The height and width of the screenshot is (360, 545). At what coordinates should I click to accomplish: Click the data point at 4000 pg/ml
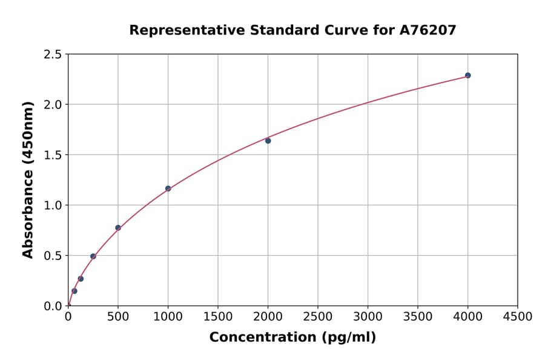point(467,76)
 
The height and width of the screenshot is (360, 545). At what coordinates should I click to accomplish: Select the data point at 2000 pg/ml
point(268,141)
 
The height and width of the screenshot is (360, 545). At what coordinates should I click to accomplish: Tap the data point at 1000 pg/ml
point(168,188)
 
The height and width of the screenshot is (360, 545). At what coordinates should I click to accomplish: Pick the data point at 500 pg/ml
point(118,228)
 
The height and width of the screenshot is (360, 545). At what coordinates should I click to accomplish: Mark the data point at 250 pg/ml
point(93,256)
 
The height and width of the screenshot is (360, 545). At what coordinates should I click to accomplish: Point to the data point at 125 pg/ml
point(81,279)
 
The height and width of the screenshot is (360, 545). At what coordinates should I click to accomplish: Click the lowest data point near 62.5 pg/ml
point(74,291)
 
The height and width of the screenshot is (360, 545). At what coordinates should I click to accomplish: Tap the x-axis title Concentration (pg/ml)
point(292,338)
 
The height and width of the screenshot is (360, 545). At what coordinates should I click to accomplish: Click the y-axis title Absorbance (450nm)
point(28,179)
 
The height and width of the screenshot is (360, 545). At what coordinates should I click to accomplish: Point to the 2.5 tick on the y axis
point(53,55)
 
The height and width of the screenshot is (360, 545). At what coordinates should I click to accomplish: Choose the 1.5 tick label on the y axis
point(53,155)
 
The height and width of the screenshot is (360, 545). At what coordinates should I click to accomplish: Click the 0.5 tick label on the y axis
point(53,256)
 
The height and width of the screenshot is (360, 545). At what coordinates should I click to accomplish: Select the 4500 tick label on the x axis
point(517,317)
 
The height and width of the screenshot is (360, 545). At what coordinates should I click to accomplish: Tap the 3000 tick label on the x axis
point(368,317)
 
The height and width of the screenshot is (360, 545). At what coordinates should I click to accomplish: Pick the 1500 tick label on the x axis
point(218,317)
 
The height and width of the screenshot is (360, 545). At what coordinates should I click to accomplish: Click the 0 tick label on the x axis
point(68,317)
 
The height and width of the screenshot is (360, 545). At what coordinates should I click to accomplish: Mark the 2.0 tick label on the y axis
point(53,105)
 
